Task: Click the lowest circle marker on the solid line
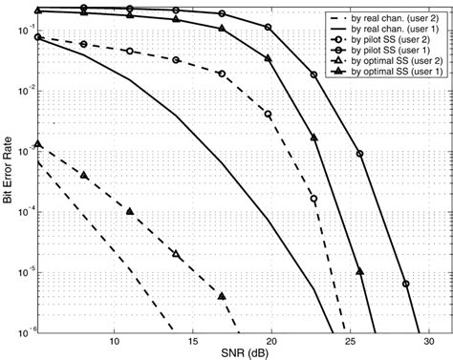405,284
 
